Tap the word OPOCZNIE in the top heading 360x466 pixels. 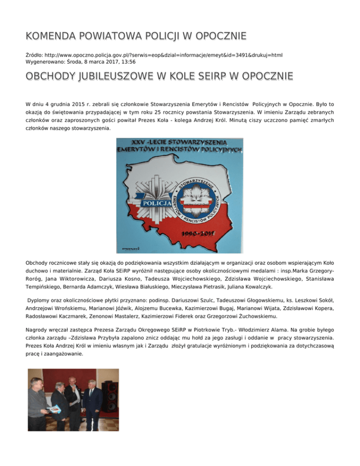click(x=220, y=37)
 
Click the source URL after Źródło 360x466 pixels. click(x=162, y=54)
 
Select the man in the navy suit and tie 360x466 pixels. click(x=93, y=407)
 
